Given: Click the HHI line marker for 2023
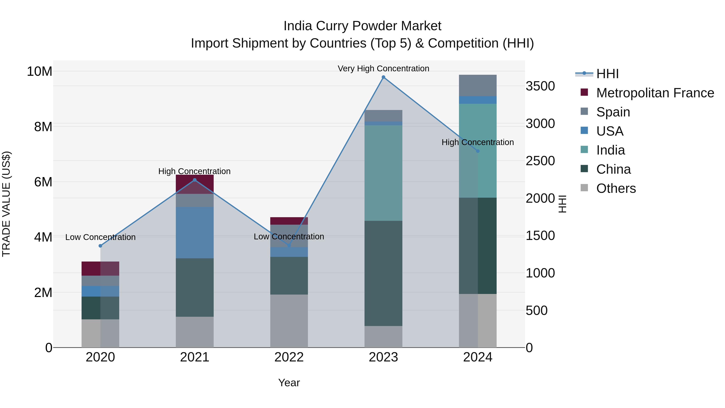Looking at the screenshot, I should click(383, 77).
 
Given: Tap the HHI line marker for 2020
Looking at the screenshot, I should click(100, 246).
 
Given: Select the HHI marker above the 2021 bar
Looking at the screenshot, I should click(195, 180).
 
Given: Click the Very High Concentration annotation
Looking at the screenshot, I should click(383, 69).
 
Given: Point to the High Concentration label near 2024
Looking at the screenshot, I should click(478, 142).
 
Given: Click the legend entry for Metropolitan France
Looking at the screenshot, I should click(655, 93).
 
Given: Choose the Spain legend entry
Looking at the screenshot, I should click(613, 112).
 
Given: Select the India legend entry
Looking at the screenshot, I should click(610, 150).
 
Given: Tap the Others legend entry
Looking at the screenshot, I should click(616, 188).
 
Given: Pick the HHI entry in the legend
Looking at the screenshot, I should click(607, 74).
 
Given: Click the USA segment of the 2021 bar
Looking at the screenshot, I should click(195, 233).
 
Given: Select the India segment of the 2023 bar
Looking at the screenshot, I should click(383, 173).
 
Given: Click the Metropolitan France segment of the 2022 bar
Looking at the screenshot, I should click(289, 221).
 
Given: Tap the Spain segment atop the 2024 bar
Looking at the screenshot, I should click(478, 85).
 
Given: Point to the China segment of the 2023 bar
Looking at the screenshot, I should click(383, 273).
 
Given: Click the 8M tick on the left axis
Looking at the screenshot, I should click(43, 127).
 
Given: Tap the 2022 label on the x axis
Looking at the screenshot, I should click(289, 357).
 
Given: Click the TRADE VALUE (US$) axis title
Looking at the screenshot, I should click(6, 204).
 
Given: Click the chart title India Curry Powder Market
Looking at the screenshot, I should click(362, 26).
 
